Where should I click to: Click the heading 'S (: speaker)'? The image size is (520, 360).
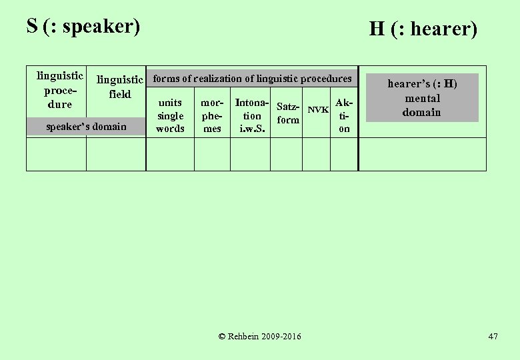tap(83, 26)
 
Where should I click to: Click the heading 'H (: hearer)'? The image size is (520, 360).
tap(423, 29)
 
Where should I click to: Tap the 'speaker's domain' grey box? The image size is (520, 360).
tap(87, 126)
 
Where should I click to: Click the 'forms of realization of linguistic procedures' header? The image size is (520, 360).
tap(252, 79)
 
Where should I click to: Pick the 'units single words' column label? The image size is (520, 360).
tap(170, 115)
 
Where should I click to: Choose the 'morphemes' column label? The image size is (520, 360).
tap(212, 115)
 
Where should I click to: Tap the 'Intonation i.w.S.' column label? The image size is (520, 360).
tap(252, 115)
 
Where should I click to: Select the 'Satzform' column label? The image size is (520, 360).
tap(288, 113)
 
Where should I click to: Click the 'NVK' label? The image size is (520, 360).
tap(318, 109)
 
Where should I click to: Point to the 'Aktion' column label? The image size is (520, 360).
tap(344, 115)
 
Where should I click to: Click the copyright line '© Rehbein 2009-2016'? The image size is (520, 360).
tap(259, 336)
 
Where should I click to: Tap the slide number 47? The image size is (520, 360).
tap(493, 336)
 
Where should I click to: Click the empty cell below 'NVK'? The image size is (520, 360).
tap(316, 154)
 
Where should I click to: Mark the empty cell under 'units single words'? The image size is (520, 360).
tap(170, 154)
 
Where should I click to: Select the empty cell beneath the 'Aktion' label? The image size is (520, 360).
tap(344, 154)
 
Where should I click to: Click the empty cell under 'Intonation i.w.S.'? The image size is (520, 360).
tap(250, 154)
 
